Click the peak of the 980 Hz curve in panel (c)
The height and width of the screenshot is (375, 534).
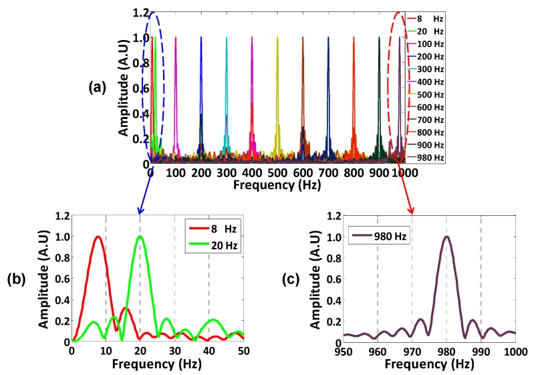pyautogui.click(x=446, y=237)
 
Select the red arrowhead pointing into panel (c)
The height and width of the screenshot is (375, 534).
pyautogui.click(x=412, y=212)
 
